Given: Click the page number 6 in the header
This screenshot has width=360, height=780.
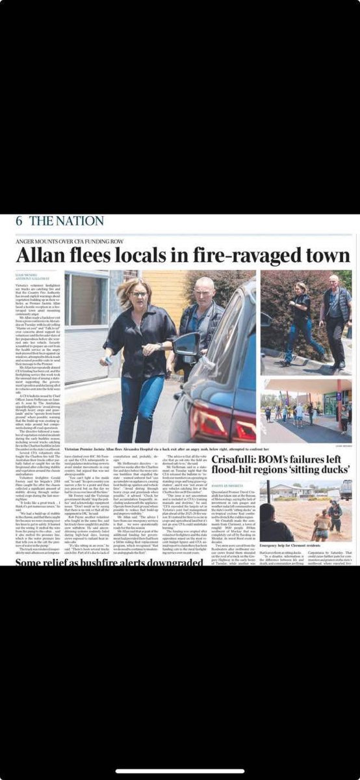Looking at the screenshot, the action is [19, 220].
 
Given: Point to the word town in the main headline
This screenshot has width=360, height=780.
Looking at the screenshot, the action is [327, 254].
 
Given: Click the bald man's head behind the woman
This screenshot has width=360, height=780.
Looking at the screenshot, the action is [203, 290].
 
